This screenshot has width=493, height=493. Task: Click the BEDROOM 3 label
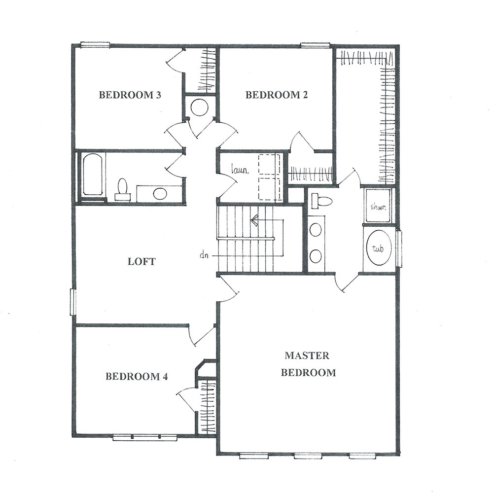coord(130,95)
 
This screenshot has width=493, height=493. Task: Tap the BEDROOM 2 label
coord(277,95)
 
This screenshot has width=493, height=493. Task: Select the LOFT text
coord(141,261)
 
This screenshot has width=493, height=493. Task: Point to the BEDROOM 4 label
coord(137,376)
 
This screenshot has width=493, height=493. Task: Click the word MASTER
coord(307,355)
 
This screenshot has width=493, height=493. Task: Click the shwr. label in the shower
coord(378,207)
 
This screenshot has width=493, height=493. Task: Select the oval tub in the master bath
coord(379,248)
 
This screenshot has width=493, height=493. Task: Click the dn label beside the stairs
coord(205,255)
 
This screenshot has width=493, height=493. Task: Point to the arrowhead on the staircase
coord(254,220)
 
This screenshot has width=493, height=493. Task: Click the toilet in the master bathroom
coord(321,201)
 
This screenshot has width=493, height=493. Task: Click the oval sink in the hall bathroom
coord(160,194)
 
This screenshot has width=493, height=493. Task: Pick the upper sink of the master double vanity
coord(316,230)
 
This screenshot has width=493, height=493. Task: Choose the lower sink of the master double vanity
coord(316,256)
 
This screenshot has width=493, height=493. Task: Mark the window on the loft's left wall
coord(73,302)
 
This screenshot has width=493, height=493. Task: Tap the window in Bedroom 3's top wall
coord(95,45)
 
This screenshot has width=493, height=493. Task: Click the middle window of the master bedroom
coord(308,456)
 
